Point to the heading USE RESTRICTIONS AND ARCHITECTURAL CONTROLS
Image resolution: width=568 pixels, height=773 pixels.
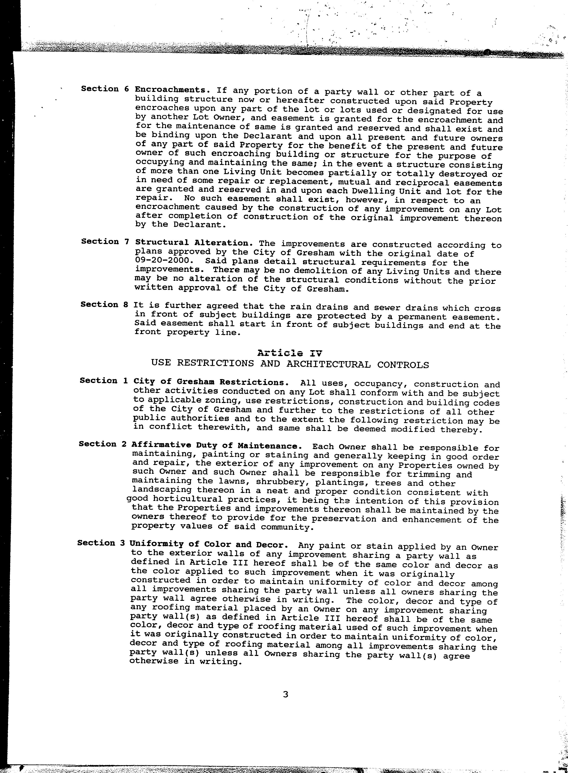click(x=290, y=364)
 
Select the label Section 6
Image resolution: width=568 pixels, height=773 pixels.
click(x=105, y=89)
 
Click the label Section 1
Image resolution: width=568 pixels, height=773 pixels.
click(x=103, y=381)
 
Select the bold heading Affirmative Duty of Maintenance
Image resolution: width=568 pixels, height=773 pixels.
click(x=217, y=446)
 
